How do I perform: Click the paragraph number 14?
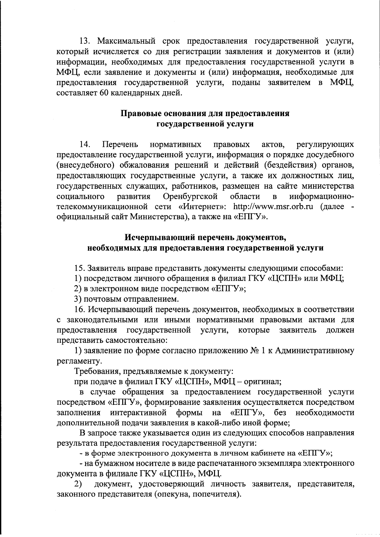click(85, 145)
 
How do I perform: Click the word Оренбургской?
click(190, 197)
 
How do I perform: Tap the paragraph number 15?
click(79, 268)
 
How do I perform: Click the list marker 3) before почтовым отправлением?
click(78, 299)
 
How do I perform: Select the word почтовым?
click(104, 299)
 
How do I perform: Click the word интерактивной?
click(138, 413)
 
